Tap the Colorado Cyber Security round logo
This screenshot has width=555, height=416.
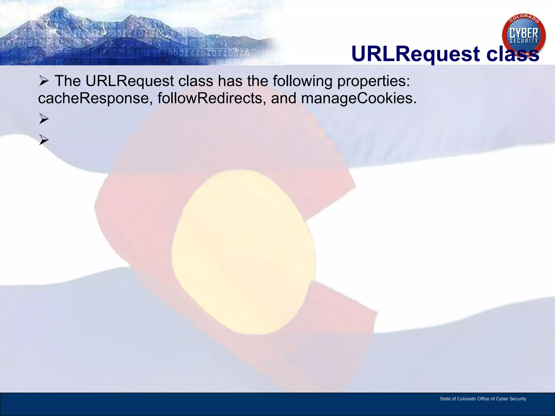tap(524, 35)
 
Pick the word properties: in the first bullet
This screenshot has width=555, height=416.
tap(373, 81)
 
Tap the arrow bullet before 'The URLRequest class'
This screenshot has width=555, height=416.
tap(44, 81)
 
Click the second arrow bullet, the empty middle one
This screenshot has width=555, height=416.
tap(44, 119)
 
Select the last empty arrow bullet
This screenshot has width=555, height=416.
tap(44, 140)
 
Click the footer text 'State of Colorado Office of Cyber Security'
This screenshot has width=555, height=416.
tap(483, 399)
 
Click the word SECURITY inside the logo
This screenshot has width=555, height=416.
tap(524, 41)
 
